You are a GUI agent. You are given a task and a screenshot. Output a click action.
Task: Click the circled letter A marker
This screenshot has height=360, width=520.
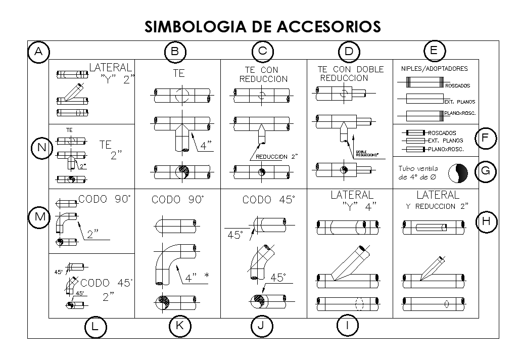(x=38, y=52)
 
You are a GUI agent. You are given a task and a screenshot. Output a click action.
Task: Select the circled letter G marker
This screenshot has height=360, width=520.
(x=485, y=171)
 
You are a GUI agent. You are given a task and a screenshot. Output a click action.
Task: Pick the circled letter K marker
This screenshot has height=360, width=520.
(x=179, y=327)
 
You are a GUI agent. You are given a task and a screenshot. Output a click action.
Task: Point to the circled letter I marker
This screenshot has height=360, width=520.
(x=348, y=327)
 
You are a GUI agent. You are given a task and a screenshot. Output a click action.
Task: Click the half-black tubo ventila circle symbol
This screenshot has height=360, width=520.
(x=458, y=173)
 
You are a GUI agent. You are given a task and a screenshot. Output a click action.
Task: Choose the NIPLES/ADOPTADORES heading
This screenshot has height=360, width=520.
(x=434, y=69)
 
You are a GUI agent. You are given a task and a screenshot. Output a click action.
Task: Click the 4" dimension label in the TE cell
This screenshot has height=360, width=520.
(x=205, y=146)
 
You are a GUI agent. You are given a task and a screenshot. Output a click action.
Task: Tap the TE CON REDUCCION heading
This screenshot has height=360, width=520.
(x=263, y=74)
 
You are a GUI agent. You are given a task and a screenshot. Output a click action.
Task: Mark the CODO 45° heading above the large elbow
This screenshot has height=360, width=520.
(x=268, y=200)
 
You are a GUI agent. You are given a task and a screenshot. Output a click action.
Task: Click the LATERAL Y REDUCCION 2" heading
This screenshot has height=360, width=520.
(x=437, y=200)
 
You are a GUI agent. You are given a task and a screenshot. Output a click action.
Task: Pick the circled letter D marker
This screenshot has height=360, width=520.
(x=349, y=52)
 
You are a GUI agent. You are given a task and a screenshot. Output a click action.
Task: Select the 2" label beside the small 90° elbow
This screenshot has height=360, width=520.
(x=92, y=234)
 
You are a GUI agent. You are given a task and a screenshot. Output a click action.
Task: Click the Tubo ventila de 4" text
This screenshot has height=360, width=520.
(x=417, y=173)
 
